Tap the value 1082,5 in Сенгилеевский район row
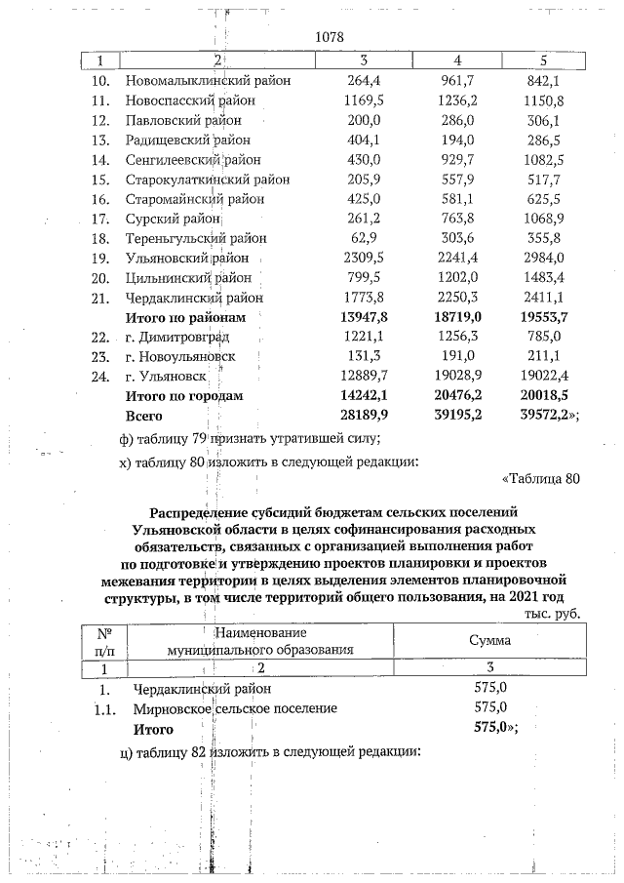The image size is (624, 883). pos(543,159)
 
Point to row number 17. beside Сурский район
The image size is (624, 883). pos(97,219)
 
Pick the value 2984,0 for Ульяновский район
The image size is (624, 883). pos(543,258)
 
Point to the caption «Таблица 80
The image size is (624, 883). pos(540,478)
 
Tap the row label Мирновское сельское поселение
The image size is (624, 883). pos(235,708)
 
